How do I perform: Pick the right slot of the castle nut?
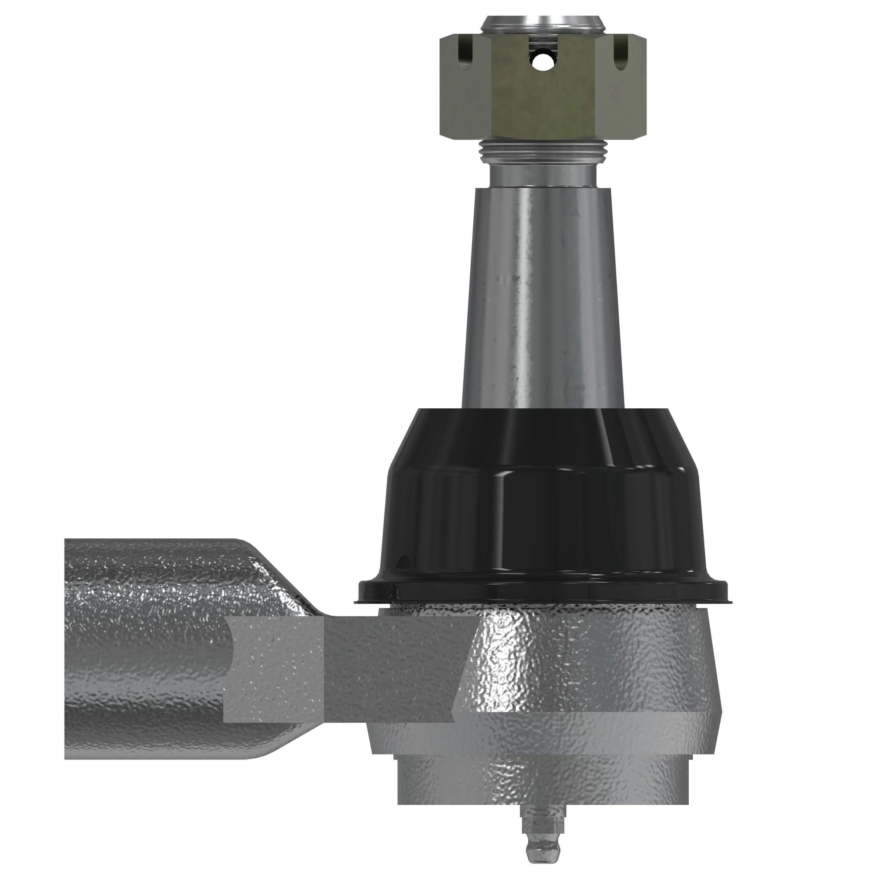620,54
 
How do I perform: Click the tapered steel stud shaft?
542,296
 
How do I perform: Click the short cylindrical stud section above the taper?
542,175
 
